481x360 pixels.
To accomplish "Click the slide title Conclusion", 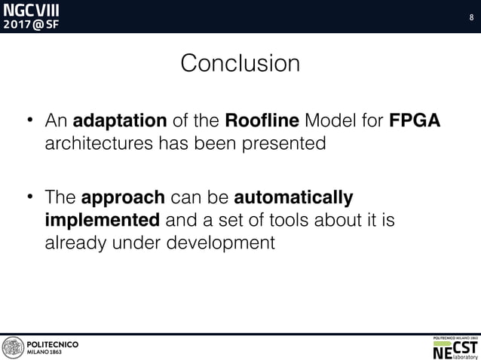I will click(x=240, y=63).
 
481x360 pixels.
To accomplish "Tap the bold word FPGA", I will click(x=414, y=121).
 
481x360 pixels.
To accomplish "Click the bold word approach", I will click(x=123, y=198).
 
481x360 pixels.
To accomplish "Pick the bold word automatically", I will click(x=294, y=198).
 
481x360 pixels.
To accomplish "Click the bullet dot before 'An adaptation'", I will click(x=31, y=121).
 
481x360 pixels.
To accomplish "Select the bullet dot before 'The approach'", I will click(x=31, y=198).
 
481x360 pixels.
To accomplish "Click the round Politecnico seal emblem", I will click(x=13, y=347).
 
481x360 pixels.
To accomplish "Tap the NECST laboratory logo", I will click(x=455, y=347).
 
